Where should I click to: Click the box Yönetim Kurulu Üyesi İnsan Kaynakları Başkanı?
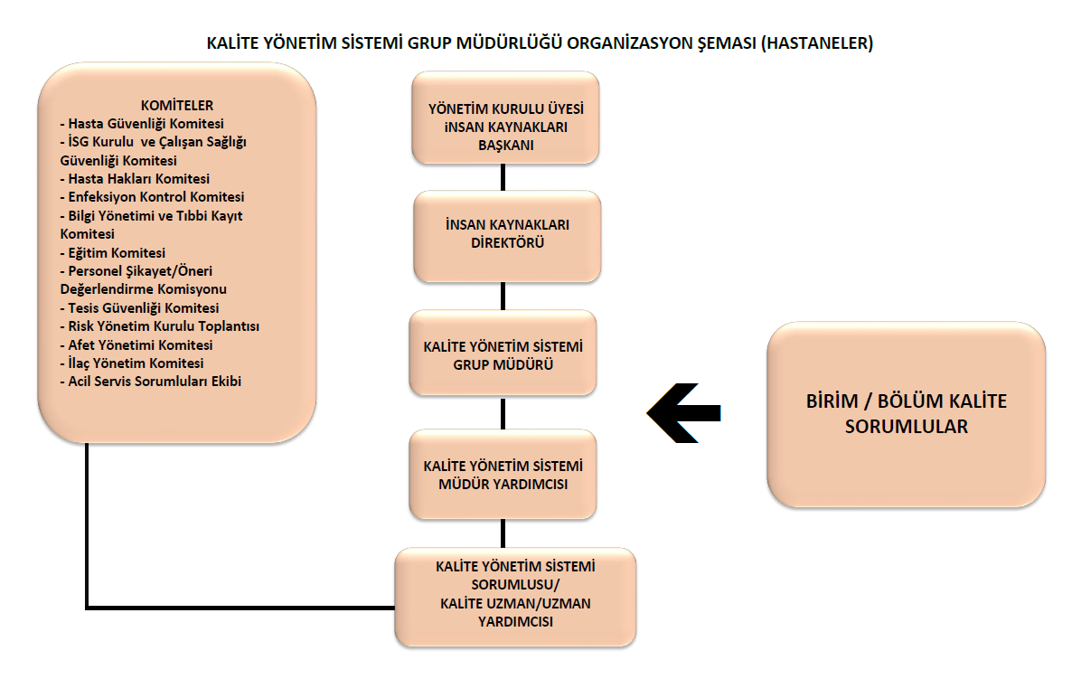tap(505, 118)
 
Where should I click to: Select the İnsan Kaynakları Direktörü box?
tap(507, 237)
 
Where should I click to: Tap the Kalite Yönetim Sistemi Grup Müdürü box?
tap(503, 353)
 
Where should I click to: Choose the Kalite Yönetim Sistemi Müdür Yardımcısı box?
tap(503, 475)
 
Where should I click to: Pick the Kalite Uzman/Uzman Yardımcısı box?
tap(515, 597)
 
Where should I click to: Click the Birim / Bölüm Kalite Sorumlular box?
tap(906, 414)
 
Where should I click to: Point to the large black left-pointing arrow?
tap(684, 413)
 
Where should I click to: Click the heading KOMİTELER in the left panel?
tap(177, 106)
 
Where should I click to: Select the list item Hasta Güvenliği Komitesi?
tap(142, 124)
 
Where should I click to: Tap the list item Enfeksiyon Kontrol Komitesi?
tap(153, 197)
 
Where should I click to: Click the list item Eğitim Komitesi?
tap(113, 253)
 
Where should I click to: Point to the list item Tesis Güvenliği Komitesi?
tap(140, 308)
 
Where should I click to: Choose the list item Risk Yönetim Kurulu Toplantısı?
tap(160, 326)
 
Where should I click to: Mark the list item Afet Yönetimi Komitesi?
tap(136, 345)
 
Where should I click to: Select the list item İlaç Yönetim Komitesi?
tap(132, 363)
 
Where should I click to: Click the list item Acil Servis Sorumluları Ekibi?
tap(151, 382)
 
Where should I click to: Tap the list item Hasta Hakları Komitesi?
tap(136, 179)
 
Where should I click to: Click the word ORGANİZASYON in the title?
tap(630, 43)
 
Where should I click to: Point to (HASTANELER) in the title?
tap(817, 43)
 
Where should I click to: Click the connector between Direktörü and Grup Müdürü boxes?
tap(503, 297)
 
